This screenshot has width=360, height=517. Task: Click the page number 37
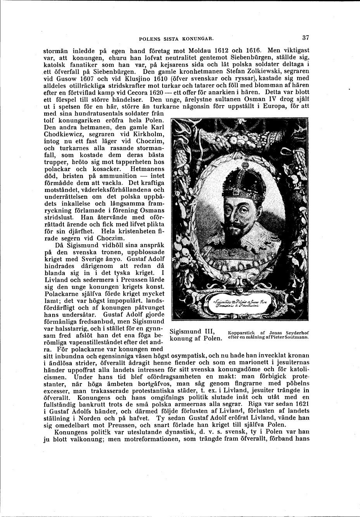click(306, 38)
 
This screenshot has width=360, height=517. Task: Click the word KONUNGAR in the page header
click(197, 39)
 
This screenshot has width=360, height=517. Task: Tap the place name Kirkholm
click(146, 135)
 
